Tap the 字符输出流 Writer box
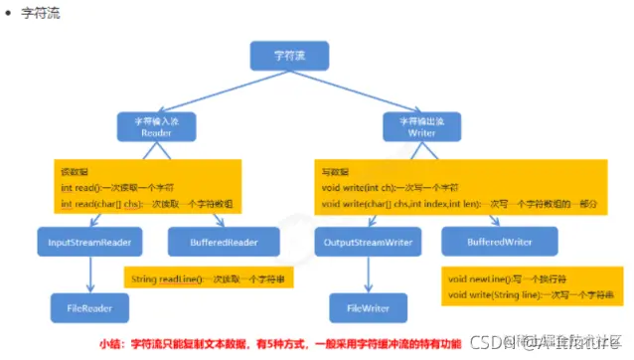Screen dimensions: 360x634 point(421,126)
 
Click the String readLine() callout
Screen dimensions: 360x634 point(208,279)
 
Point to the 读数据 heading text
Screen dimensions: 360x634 point(75,172)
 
